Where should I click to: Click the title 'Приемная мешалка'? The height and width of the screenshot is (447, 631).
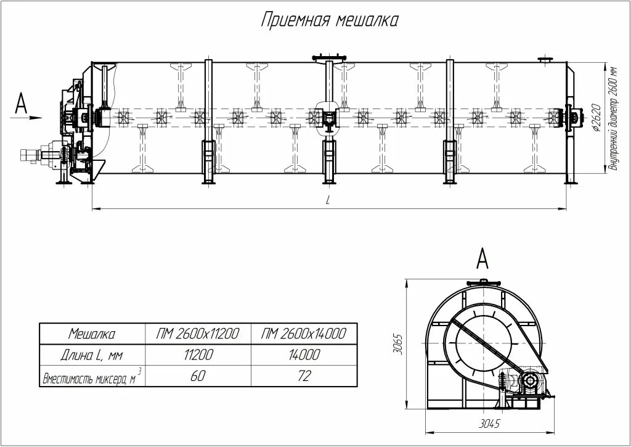[x=330, y=20]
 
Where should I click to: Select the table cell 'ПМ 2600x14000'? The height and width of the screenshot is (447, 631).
[x=303, y=334]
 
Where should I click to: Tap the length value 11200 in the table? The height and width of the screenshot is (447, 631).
[x=198, y=355]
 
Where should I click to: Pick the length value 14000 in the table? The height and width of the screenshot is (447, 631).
[x=303, y=355]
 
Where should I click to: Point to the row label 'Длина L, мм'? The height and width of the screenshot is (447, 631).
[x=91, y=355]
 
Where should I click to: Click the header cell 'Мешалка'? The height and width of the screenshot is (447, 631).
[x=91, y=334]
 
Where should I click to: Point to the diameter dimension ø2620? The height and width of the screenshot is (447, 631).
[x=595, y=117]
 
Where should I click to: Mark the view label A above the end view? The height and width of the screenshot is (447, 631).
[x=482, y=260]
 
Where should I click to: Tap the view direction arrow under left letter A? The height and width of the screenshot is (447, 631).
[x=30, y=117]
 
